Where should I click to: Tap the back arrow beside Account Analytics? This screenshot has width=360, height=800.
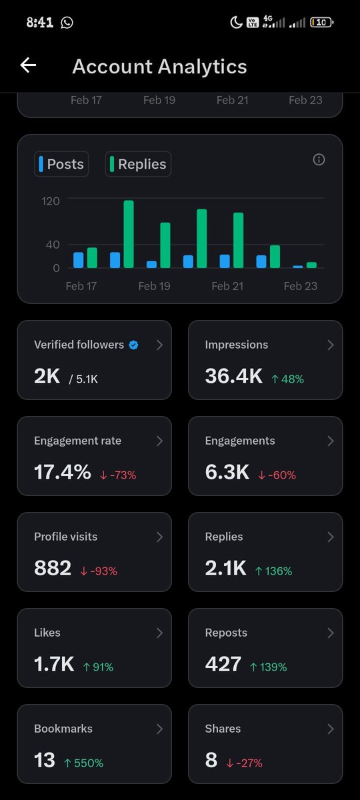tap(28, 65)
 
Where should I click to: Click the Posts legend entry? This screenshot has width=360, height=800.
tap(61, 164)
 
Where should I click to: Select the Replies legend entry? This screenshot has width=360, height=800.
tap(138, 164)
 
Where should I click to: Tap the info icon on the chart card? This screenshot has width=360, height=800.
tap(319, 159)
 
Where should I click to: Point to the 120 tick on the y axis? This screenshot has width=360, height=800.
tap(51, 201)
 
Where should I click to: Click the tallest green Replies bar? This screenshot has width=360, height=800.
tap(129, 233)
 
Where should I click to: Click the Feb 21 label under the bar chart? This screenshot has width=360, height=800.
tap(227, 286)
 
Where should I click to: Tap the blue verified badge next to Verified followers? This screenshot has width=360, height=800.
tap(133, 345)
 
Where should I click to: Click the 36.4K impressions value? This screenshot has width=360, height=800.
tap(234, 376)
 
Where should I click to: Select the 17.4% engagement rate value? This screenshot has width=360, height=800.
tap(62, 472)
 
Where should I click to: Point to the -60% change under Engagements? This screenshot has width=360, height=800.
tap(277, 475)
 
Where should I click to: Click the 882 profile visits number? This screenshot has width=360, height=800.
tap(53, 568)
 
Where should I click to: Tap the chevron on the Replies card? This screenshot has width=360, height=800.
tap(330, 537)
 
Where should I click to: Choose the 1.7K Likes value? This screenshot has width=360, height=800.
tap(54, 664)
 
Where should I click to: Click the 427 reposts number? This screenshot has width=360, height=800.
tap(223, 664)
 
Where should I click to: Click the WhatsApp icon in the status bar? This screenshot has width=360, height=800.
tap(67, 23)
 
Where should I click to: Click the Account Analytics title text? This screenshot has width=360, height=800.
tap(159, 67)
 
